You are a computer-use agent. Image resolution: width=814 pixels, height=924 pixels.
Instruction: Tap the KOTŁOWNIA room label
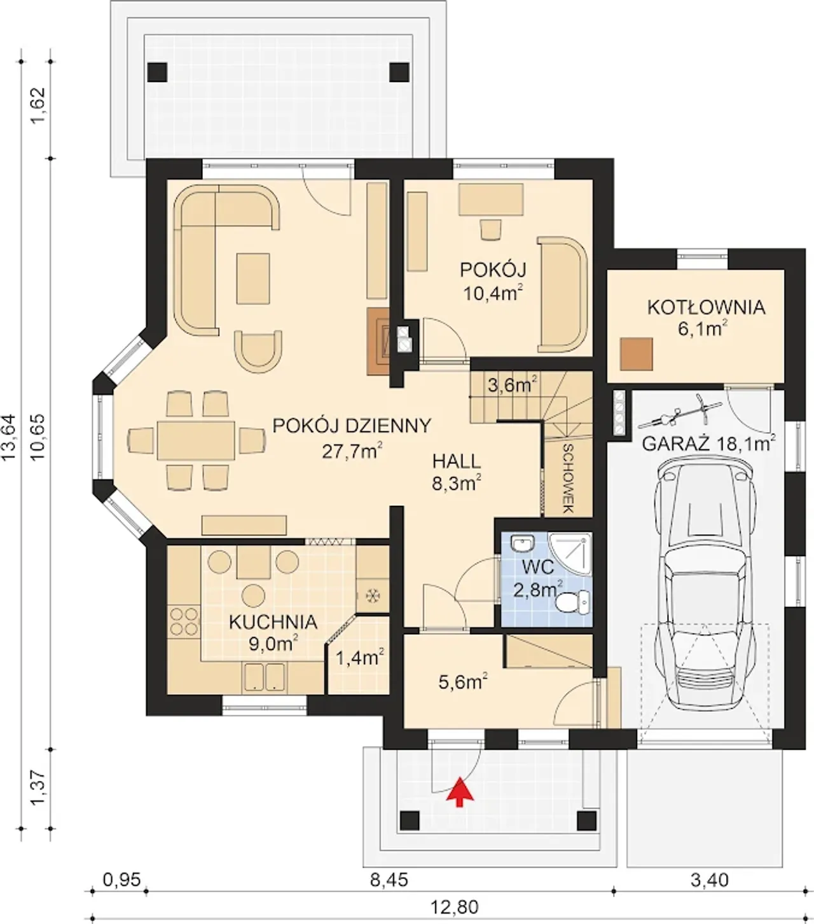point(707,308)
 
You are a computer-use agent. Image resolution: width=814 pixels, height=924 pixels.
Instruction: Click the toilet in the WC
point(573,602)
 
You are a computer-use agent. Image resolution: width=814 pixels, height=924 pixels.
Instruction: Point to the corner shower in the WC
point(570,554)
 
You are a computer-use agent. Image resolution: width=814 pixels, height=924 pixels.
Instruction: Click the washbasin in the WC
point(523,543)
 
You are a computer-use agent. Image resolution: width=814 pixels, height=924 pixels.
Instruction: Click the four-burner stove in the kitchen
point(184,622)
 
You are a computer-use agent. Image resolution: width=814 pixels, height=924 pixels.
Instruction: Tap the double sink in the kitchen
point(265,677)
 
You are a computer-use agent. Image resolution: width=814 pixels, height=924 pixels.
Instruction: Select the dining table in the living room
point(197,441)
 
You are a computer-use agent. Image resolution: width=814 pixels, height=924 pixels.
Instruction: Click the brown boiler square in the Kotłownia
point(636,354)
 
